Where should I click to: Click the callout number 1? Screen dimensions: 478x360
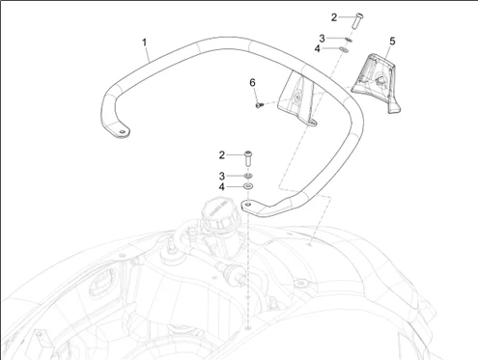[x=145, y=42]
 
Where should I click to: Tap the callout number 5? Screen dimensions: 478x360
[x=392, y=42]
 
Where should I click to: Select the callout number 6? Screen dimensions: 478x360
[x=252, y=83]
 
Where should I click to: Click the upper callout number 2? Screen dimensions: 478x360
[x=334, y=17]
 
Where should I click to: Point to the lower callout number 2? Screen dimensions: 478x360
[x=222, y=155]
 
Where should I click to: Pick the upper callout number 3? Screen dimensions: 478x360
[x=322, y=39]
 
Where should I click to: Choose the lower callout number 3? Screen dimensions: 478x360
[x=222, y=177]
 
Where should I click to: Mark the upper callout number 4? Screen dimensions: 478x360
[x=318, y=49]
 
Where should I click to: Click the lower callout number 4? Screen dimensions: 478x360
[x=222, y=187]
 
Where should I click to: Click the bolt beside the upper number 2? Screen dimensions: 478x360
[x=358, y=20]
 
